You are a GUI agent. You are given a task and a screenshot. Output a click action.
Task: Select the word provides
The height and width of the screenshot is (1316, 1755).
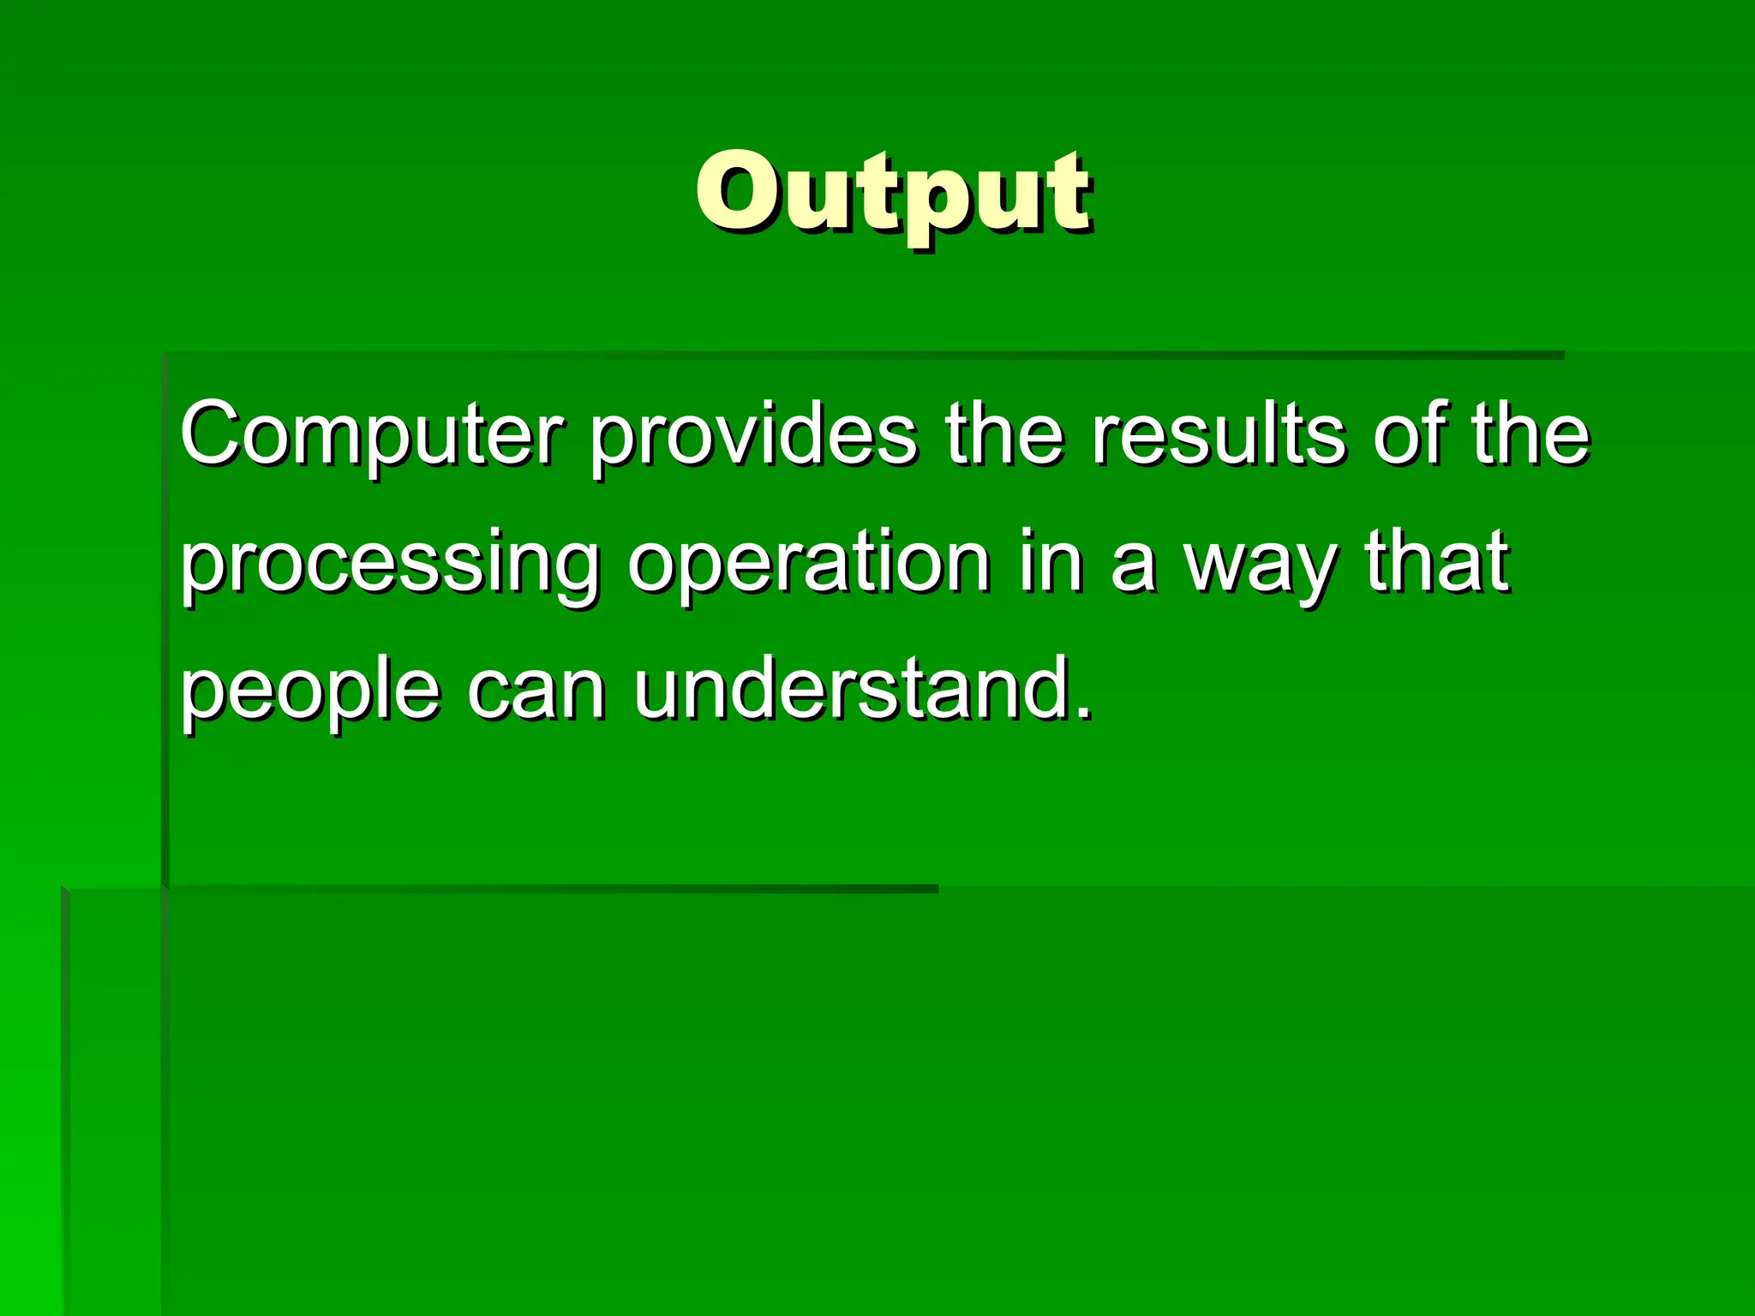pos(754,435)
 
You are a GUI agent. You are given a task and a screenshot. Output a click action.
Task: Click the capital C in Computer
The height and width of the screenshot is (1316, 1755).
pos(215,434)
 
